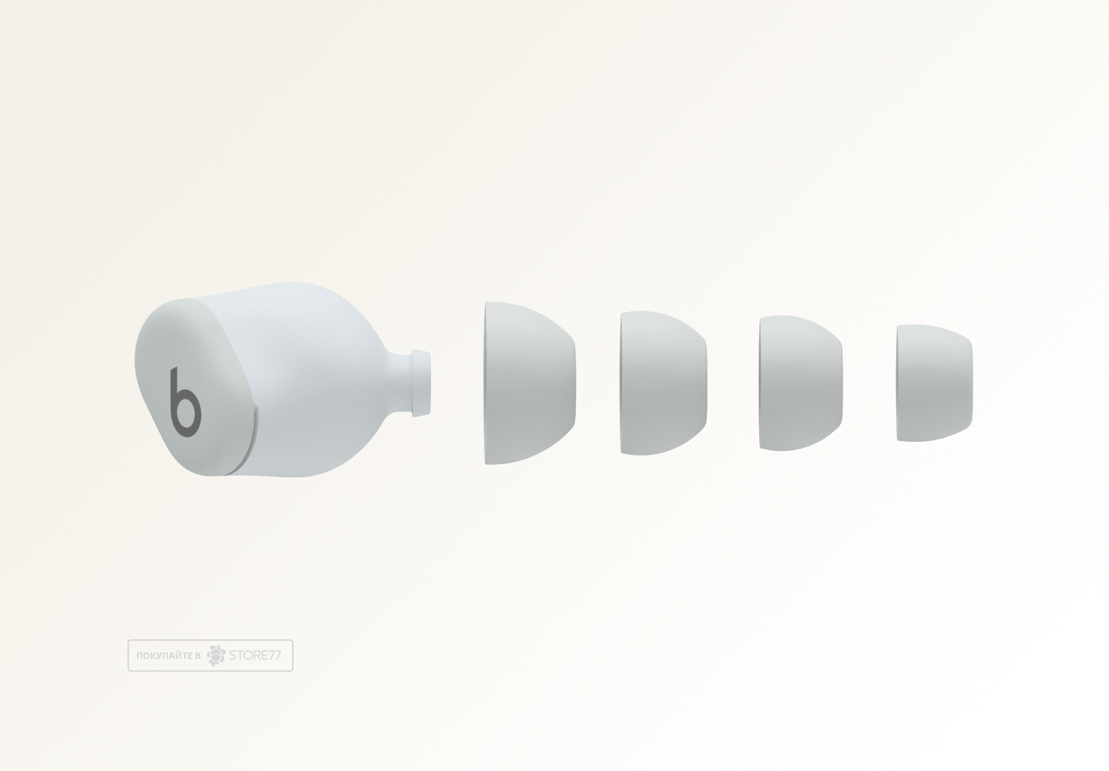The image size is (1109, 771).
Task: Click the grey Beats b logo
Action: pos(184,403)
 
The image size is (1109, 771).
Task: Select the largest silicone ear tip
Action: pos(530,383)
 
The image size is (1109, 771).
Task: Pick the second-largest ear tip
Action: pos(664,383)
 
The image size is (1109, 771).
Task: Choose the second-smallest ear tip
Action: pos(801,383)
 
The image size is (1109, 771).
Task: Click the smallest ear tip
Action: pos(934,383)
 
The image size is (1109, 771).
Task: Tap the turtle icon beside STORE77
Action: pos(216,655)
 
